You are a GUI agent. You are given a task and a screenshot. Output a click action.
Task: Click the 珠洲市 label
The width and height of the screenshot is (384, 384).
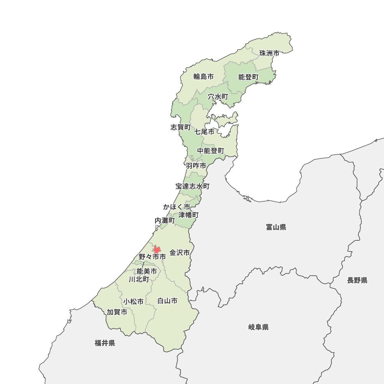269,53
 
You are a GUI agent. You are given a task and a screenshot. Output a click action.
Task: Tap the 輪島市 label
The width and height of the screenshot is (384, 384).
204,76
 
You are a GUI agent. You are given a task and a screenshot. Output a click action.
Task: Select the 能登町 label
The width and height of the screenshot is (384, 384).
248,77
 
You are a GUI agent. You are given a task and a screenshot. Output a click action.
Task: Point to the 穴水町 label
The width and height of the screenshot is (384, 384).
218,96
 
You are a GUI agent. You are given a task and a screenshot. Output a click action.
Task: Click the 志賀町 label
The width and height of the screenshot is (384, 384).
180,127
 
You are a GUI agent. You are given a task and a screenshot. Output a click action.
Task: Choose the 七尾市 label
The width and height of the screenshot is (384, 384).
204,132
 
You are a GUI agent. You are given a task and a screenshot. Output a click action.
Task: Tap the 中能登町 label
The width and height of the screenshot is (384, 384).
210,151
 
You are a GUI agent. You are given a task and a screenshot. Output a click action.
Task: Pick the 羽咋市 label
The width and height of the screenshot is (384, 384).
196,166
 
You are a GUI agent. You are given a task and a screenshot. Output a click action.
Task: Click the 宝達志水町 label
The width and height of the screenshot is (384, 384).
192,186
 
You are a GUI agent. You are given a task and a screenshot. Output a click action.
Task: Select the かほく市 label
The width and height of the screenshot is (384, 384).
176,207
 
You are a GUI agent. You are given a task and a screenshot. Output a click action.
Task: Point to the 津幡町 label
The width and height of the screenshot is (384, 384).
189,215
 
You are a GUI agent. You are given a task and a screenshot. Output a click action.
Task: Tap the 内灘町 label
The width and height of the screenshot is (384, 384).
165,221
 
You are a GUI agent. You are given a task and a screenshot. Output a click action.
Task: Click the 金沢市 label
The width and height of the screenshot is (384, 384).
180,253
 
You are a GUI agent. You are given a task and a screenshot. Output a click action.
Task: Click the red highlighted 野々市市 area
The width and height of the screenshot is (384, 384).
156,249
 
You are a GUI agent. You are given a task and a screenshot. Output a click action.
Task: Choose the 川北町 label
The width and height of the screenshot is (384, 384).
139,279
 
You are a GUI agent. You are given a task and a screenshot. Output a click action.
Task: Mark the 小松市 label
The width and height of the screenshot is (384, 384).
134,301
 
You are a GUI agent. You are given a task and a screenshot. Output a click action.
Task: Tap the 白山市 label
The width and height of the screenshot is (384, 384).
167,301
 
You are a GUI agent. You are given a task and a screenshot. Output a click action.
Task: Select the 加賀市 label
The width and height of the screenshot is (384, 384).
117,312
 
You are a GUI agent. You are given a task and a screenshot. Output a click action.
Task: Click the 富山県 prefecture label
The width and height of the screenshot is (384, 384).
276,227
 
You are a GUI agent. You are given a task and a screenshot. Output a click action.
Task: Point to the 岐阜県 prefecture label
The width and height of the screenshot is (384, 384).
258,327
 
